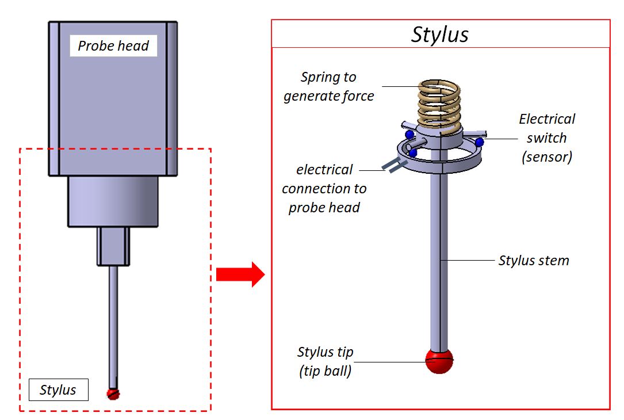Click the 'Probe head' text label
click(113, 46)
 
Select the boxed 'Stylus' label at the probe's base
click(58, 390)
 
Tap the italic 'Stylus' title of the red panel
click(440, 35)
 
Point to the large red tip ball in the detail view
click(439, 361)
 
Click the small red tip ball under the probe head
click(113, 394)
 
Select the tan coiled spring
click(439, 104)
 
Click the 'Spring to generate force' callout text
click(328, 86)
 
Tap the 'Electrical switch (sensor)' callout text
click(546, 138)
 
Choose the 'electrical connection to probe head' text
click(324, 189)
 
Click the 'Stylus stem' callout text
click(534, 261)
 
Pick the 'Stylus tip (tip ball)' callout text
click(325, 361)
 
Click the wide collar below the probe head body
click(113, 201)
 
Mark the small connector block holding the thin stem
click(113, 246)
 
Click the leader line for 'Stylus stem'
click(469, 261)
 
